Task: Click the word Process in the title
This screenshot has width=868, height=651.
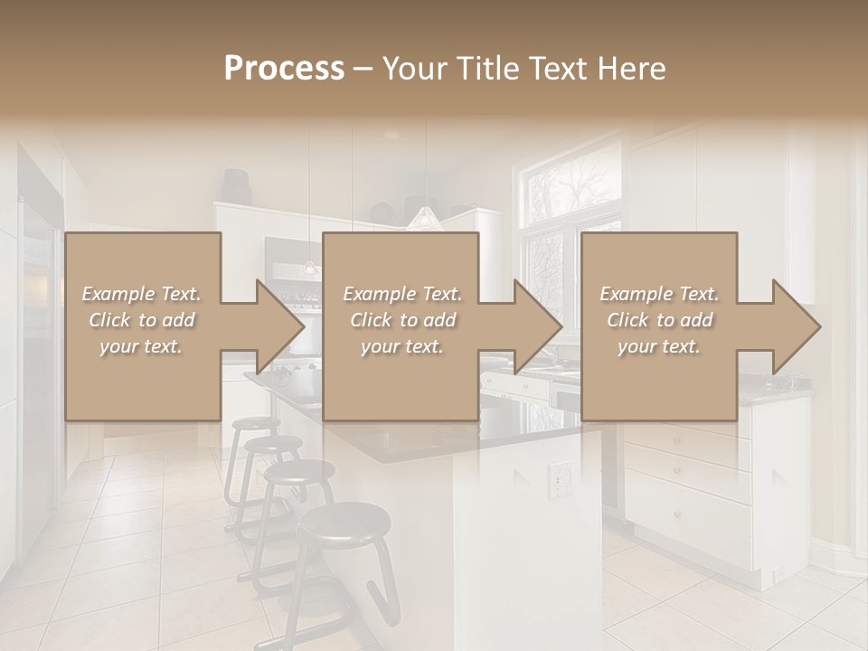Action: (284, 69)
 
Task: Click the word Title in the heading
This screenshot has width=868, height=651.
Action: (484, 69)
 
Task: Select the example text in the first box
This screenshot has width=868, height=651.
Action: (141, 320)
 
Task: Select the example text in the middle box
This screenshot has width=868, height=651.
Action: (402, 320)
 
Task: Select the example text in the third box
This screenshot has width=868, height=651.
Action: (659, 320)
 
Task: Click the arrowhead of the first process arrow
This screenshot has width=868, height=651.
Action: (280, 326)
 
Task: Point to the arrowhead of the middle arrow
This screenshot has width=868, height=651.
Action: (539, 326)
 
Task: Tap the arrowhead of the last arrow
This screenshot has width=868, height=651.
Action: (797, 326)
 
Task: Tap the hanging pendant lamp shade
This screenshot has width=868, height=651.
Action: (423, 218)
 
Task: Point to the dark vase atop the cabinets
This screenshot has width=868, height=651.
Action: (237, 187)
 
